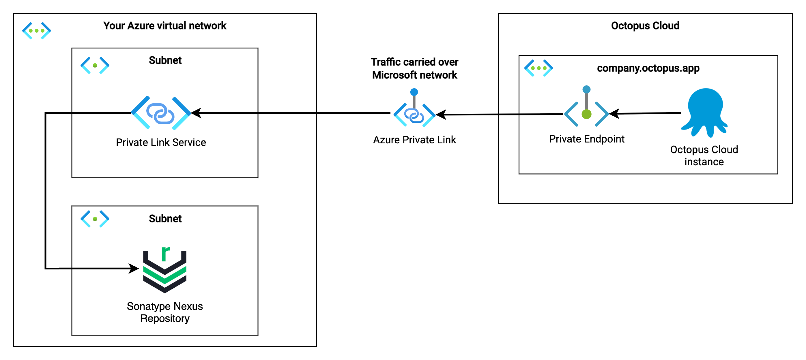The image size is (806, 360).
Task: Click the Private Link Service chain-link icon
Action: tap(160, 113)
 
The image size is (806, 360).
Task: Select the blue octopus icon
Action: tap(705, 112)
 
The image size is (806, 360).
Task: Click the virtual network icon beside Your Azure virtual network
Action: tap(36, 31)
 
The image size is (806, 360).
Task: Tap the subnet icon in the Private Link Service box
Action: tap(95, 65)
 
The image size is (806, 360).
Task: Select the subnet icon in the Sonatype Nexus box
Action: tap(95, 219)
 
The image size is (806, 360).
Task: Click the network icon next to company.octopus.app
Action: tap(538, 68)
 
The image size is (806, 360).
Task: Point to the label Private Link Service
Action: tap(161, 142)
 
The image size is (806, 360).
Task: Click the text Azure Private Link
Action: tap(414, 140)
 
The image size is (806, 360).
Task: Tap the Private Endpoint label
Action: tap(586, 139)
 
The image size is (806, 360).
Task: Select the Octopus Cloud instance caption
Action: tap(704, 155)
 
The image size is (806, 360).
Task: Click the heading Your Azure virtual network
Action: tap(164, 26)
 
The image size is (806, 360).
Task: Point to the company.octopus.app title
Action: tap(648, 68)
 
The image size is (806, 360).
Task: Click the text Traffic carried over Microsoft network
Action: tap(414, 68)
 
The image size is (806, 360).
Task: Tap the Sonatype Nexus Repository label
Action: tap(164, 312)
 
